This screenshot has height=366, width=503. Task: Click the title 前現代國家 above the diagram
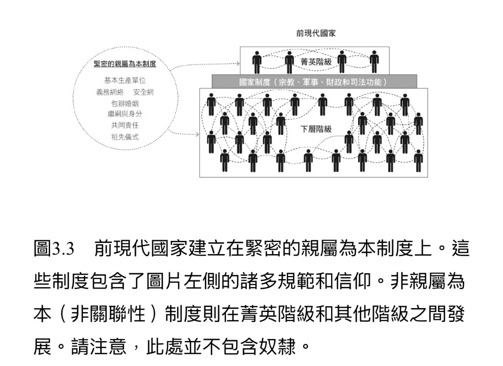pyautogui.click(x=316, y=33)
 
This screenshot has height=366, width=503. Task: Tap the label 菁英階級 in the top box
pyautogui.click(x=316, y=62)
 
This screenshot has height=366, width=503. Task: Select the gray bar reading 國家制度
pyautogui.click(x=314, y=81)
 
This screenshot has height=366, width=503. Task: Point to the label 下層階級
pyautogui.click(x=316, y=129)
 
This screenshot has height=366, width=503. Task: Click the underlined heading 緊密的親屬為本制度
pyautogui.click(x=125, y=64)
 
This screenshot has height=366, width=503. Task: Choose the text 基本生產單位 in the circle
pyautogui.click(x=125, y=80)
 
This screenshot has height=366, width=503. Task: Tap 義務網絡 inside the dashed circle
pyautogui.click(x=110, y=92)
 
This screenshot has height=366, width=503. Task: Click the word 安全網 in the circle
pyautogui.click(x=143, y=92)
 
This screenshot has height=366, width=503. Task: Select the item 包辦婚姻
pyautogui.click(x=125, y=104)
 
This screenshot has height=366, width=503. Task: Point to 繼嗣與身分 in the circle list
pyautogui.click(x=125, y=114)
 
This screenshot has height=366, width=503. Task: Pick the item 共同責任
pyautogui.click(x=125, y=125)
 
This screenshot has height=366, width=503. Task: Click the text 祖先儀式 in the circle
pyautogui.click(x=125, y=137)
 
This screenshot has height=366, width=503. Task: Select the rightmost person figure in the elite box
pyautogui.click(x=374, y=62)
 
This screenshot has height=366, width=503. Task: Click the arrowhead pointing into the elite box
pyautogui.click(x=238, y=63)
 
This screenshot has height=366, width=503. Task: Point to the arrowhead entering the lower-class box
pyautogui.click(x=197, y=134)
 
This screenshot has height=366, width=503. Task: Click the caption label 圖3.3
pyautogui.click(x=54, y=249)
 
